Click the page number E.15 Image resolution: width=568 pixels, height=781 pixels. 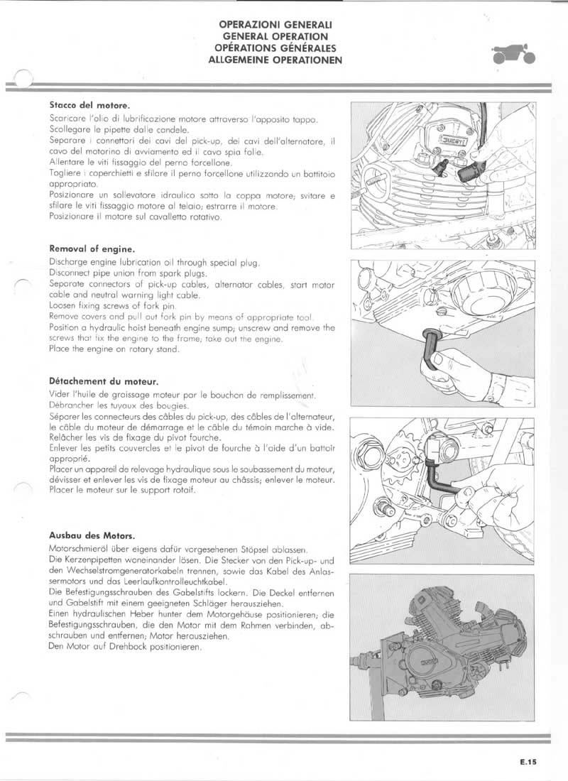point(528,763)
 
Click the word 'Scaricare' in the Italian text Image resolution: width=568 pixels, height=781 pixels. point(68,119)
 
